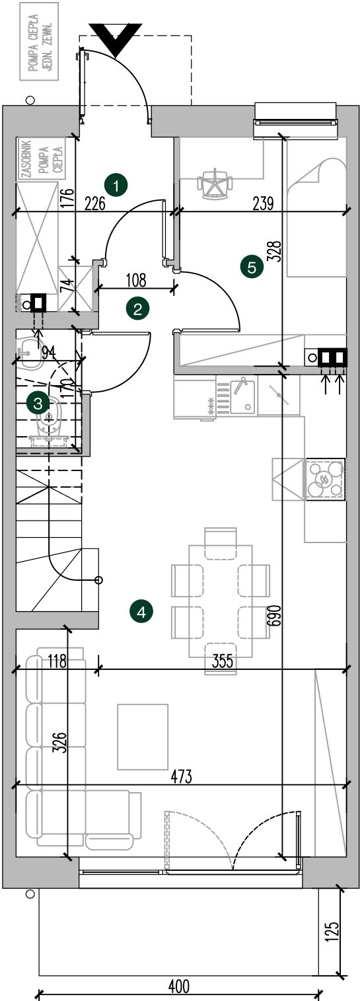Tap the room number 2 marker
point(137,309)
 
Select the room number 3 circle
point(38,404)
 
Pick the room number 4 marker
point(141,612)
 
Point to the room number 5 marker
point(252,268)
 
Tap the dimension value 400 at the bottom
point(178,985)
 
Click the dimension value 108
point(136,280)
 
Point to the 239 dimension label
point(263,204)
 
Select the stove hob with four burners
point(325,478)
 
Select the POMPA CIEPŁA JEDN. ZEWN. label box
point(40,41)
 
